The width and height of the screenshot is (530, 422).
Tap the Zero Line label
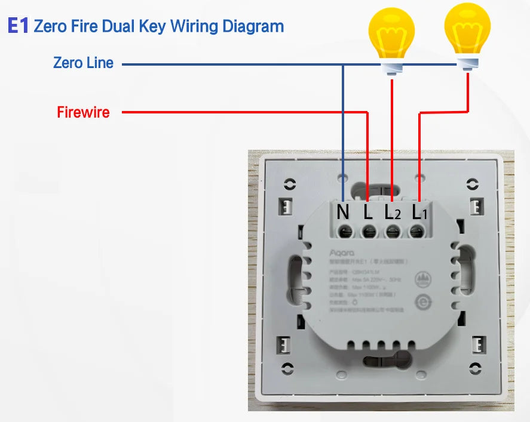coord(83,63)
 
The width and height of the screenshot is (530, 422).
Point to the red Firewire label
coord(83,112)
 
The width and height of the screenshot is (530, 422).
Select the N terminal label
coord(343,212)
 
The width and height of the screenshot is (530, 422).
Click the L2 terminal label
coord(392,212)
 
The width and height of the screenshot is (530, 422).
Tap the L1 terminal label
coord(419,212)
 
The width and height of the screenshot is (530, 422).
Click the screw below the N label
coord(344,232)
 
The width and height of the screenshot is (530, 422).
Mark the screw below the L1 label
coord(416,232)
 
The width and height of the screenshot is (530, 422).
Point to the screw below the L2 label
coord(392,232)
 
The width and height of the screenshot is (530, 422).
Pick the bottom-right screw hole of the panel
coord(474,367)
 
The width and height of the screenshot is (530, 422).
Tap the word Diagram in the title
coord(253,27)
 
